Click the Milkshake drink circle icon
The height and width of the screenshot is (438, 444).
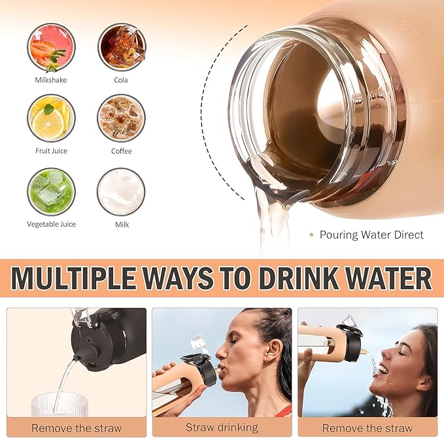[x=51, y=47]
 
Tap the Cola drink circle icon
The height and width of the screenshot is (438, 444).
[x=121, y=47]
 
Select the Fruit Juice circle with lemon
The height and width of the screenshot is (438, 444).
[x=51, y=118]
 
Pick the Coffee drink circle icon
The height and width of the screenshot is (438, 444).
[x=121, y=118]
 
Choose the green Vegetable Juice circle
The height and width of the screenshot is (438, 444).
[x=51, y=192]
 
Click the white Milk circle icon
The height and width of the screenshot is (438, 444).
[x=121, y=192]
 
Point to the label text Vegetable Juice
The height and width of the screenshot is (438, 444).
[x=51, y=224]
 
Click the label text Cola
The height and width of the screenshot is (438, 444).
[x=121, y=80]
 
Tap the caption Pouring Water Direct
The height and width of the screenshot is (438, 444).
[x=371, y=235]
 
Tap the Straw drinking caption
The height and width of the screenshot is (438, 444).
[x=222, y=428]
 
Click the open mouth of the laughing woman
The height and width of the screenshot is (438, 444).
[x=383, y=369]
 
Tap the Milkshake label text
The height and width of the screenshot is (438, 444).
[x=51, y=80]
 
